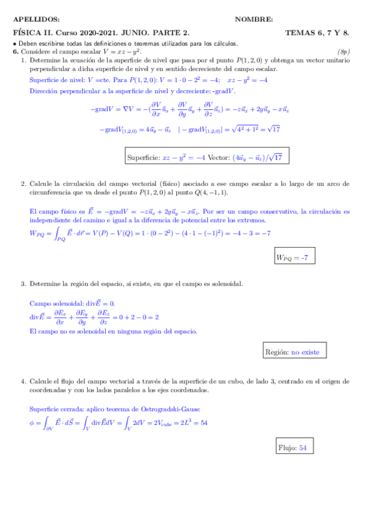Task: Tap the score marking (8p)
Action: pyautogui.click(x=343, y=52)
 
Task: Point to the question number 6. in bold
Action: pyautogui.click(x=17, y=52)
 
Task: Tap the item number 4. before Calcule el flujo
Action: pyautogui.click(x=23, y=381)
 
